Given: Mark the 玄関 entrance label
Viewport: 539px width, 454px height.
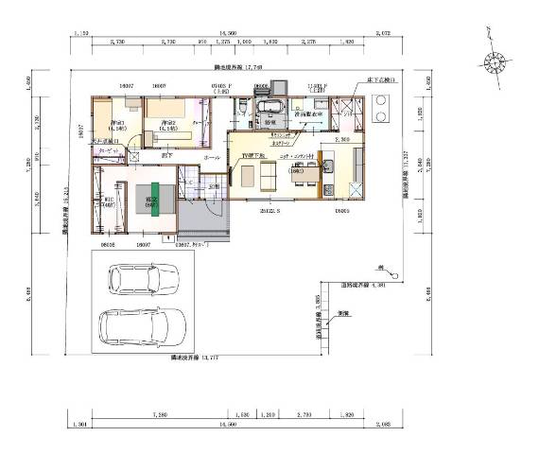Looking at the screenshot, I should pos(215,187).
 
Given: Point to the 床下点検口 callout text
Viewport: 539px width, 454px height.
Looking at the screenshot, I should pos(382,82).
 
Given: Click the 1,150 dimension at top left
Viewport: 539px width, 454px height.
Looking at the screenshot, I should pos(81,34).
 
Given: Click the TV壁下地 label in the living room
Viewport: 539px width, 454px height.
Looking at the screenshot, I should pos(254,152).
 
